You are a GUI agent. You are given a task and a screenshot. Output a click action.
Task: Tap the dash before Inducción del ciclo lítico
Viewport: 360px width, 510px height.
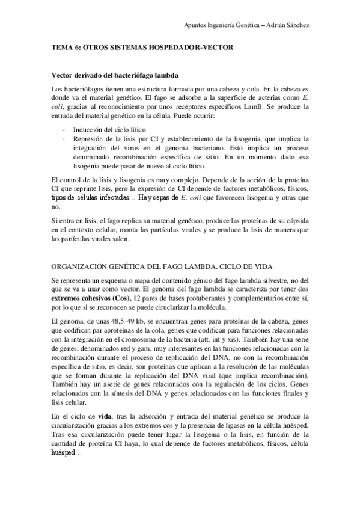(x=64, y=129)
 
